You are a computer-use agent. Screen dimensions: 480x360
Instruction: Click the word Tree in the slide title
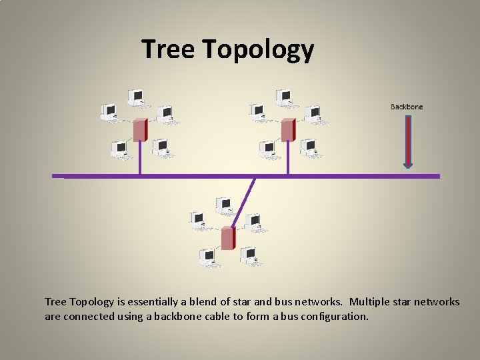[167, 49]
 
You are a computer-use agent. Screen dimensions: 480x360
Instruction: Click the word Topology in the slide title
[257, 51]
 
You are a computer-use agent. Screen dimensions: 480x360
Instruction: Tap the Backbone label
[406, 107]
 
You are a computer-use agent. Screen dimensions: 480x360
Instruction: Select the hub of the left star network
[140, 130]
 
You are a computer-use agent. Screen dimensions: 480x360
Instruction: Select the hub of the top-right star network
[288, 130]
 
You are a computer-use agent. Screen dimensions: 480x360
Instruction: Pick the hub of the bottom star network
[228, 238]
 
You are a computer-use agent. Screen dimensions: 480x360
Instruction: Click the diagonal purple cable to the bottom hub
[243, 200]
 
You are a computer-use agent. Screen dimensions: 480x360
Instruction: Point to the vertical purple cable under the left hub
[140, 159]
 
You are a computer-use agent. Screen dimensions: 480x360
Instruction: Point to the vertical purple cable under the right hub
[288, 159]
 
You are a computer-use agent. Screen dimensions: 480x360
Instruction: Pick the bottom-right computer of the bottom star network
[251, 257]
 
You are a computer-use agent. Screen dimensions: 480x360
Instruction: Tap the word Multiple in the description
[370, 302]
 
